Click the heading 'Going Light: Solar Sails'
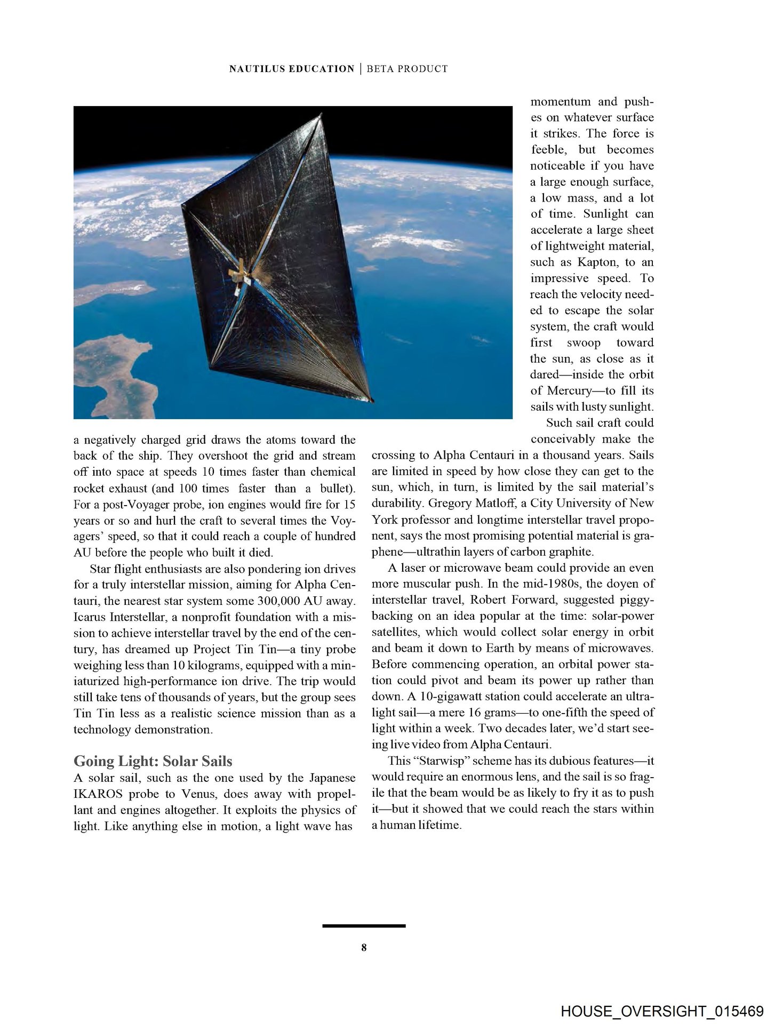[x=153, y=760]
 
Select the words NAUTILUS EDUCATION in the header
[x=291, y=69]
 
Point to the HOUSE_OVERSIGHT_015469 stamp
[x=662, y=996]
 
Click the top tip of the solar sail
[x=322, y=113]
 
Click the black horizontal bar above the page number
[x=364, y=925]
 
